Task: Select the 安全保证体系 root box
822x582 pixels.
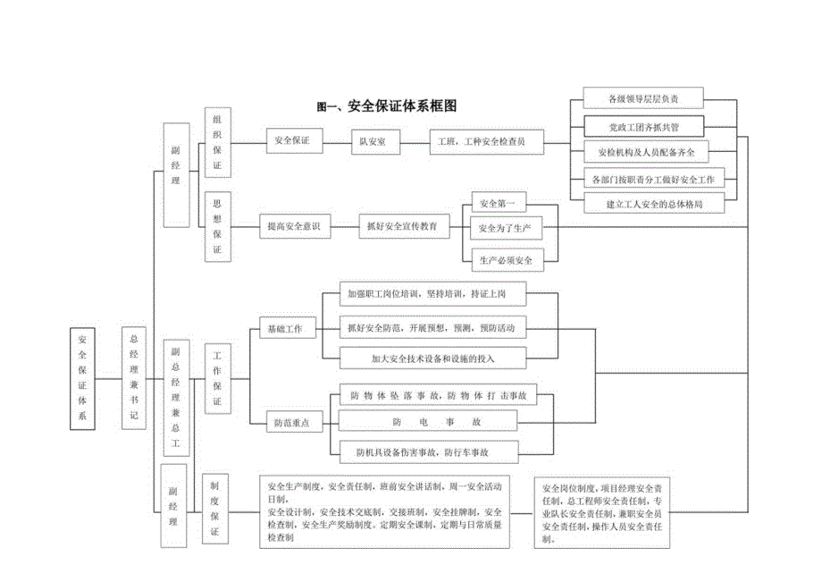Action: click(82, 378)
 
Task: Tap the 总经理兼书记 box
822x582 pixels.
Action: click(135, 377)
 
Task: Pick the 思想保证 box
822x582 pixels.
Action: click(217, 227)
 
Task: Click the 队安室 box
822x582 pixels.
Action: click(373, 141)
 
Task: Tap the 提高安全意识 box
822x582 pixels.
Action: click(295, 228)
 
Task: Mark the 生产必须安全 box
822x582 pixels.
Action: click(505, 260)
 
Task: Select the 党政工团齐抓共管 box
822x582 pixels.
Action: click(642, 125)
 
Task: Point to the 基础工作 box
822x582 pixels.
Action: click(286, 329)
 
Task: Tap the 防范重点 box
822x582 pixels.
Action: click(292, 424)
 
